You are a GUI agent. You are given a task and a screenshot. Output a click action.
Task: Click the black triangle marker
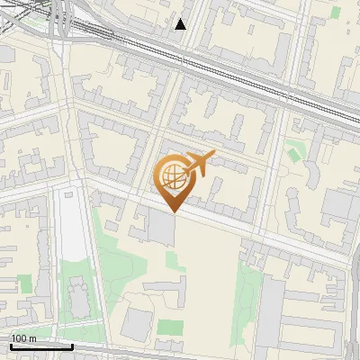tap(181, 24)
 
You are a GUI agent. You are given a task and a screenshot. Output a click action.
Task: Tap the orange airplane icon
tap(198, 165)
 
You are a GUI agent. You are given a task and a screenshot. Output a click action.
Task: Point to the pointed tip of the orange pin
tap(173, 211)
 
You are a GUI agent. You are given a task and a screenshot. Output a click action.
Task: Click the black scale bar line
tap(41, 346)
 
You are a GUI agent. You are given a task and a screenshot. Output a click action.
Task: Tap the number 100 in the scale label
tap(20, 338)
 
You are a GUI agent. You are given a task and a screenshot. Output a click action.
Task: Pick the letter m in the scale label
tap(33, 338)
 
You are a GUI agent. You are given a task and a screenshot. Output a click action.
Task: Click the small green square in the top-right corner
tap(336, 13)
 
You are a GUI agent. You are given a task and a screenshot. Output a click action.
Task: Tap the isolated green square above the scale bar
tap(25, 283)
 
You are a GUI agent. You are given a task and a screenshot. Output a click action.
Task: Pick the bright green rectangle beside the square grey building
tap(170, 327)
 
